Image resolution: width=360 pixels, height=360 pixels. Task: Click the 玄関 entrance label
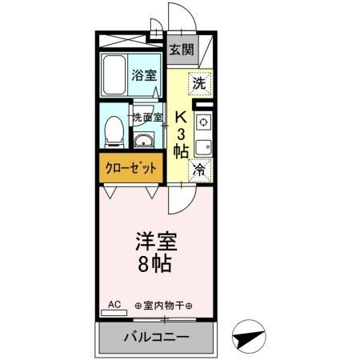point(182,50)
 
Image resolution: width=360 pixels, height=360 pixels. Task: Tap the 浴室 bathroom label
point(144,78)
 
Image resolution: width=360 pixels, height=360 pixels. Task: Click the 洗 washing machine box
point(201,81)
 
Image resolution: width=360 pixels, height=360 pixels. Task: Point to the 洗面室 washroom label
point(148,117)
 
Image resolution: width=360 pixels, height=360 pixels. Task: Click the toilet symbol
point(114,130)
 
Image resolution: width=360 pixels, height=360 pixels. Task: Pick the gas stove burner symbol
point(203,122)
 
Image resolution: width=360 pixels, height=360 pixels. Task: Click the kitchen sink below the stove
point(203,147)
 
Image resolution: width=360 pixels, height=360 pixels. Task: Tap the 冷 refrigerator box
point(200,170)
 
